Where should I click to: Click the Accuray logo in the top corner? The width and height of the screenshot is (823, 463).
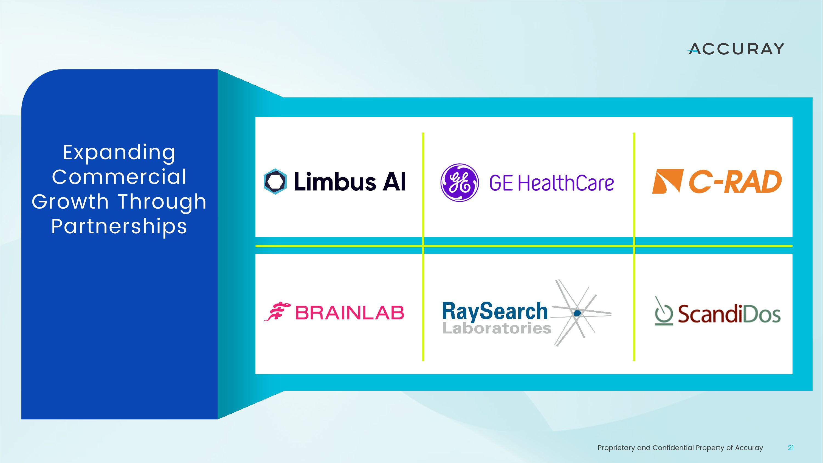coord(736,49)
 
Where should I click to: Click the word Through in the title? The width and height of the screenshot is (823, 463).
coord(162,202)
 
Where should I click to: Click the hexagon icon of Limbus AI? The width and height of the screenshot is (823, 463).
coord(275,181)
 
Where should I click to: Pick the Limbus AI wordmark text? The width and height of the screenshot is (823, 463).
coord(350,181)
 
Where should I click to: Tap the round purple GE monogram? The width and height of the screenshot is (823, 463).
coord(460,183)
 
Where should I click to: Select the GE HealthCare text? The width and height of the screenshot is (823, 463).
coord(551,183)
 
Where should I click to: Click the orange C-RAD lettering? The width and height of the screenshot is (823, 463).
coord(735,181)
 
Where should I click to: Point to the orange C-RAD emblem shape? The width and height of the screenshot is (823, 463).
coord(668,181)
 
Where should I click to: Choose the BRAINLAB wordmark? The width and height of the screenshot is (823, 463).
coord(350,313)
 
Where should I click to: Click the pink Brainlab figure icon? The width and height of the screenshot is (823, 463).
coord(277,312)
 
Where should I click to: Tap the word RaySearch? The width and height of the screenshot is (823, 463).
coord(495,311)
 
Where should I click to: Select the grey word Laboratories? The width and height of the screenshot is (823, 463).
coord(497,328)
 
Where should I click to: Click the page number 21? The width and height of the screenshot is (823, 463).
coord(791,448)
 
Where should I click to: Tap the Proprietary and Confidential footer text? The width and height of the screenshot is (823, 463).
coord(680,448)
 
